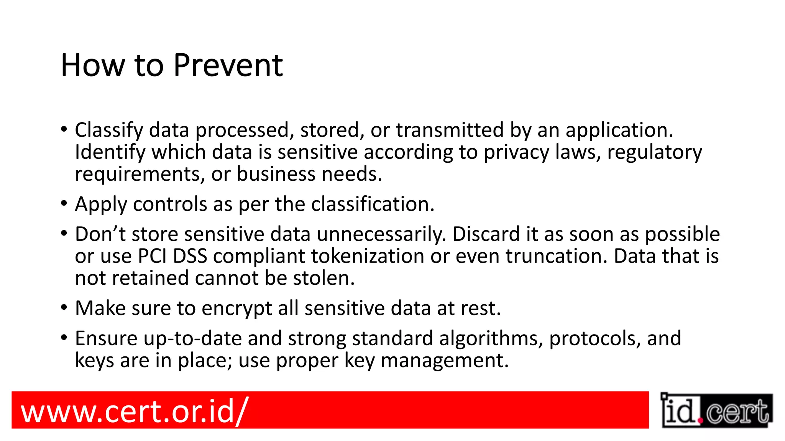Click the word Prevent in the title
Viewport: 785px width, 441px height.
(228, 65)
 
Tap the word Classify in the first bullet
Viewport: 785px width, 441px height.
(109, 131)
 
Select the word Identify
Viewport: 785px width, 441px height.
(110, 152)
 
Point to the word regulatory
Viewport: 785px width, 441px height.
(655, 152)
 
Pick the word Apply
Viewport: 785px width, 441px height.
(101, 204)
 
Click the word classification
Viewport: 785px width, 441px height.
(373, 204)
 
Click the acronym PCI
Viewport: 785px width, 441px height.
(152, 256)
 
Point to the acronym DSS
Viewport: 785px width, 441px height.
(190, 256)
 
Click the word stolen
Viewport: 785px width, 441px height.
(324, 278)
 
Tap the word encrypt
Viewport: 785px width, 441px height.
(236, 309)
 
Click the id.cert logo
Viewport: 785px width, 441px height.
(716, 410)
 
